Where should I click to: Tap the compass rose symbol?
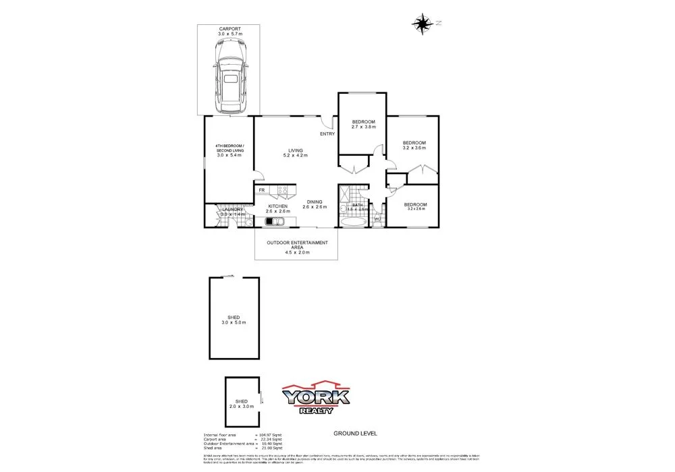[x=423, y=24]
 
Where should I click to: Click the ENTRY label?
[x=327, y=134]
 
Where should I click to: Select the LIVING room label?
[x=296, y=150]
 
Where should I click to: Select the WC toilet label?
[x=377, y=218]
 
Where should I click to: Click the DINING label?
[x=315, y=202]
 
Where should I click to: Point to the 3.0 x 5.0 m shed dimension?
[x=234, y=323]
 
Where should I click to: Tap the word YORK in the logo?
[x=315, y=397]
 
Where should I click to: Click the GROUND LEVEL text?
[x=355, y=434]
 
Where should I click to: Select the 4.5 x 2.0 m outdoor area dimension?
[x=297, y=252]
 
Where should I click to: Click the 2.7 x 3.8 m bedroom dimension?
[x=364, y=127]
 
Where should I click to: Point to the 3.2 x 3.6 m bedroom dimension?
[x=414, y=148]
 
